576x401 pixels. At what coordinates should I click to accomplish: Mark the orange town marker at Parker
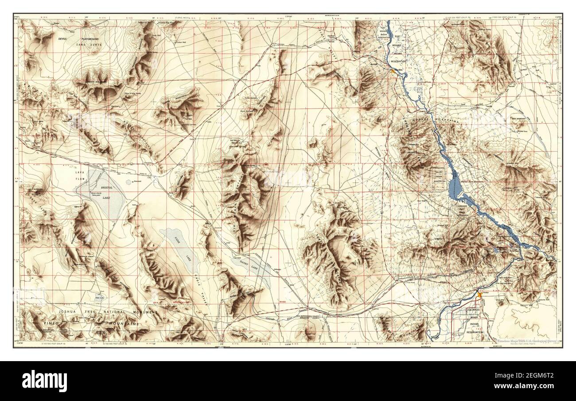coord(480,294)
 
